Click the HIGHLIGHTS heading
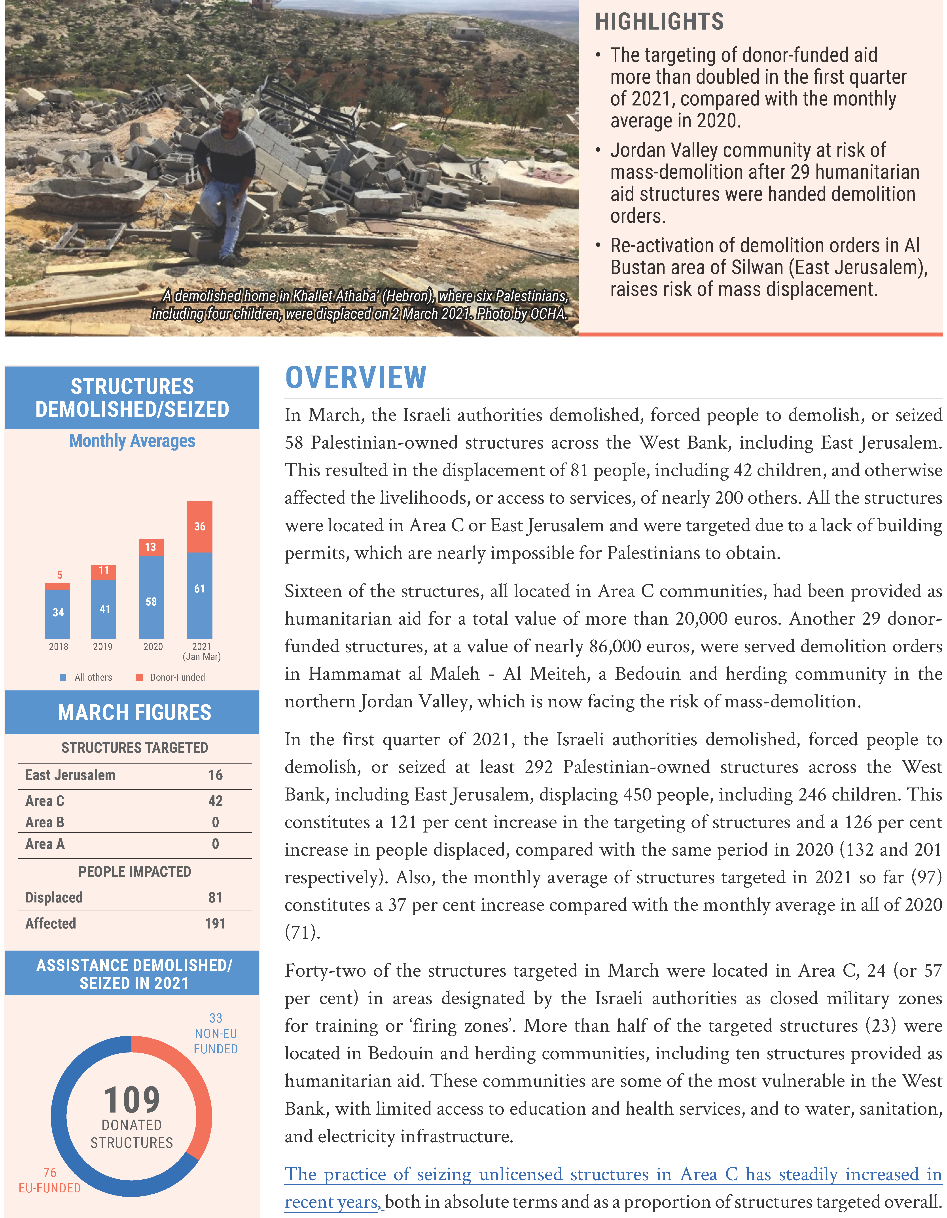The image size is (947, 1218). click(x=659, y=22)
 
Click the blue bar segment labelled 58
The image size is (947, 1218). click(x=151, y=601)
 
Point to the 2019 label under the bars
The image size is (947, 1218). click(x=103, y=646)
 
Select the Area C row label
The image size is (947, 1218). click(x=45, y=801)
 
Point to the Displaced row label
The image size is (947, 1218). click(x=54, y=897)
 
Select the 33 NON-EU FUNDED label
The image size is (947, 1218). click(x=216, y=1033)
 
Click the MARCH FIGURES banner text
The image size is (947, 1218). click(x=134, y=712)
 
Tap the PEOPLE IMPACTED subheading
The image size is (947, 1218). click(x=134, y=871)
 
